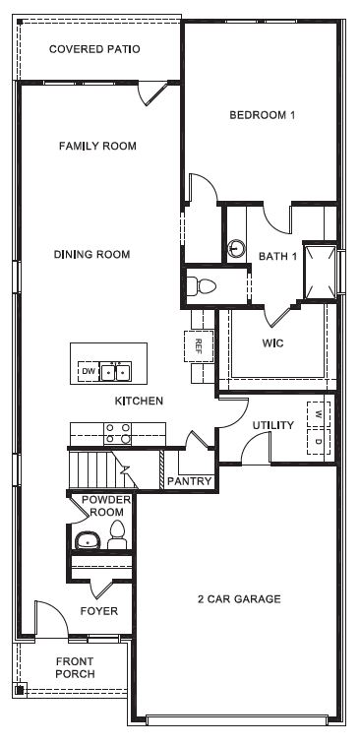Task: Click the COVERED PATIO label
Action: (x=94, y=48)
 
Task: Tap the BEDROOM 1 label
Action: (x=263, y=115)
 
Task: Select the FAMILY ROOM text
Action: (x=97, y=146)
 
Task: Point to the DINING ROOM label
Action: (x=91, y=254)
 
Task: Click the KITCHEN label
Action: (x=139, y=401)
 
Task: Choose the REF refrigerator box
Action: (x=198, y=346)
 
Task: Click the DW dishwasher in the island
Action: (x=89, y=371)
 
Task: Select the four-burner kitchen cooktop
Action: (x=118, y=434)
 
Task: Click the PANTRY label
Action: (x=189, y=481)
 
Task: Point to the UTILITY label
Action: (x=272, y=425)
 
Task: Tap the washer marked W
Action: (x=319, y=413)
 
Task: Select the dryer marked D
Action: (x=319, y=441)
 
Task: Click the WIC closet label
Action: (x=272, y=343)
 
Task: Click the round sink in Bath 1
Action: (x=236, y=248)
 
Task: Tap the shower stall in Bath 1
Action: (x=320, y=270)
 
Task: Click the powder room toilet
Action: (x=117, y=535)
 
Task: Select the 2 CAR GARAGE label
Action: (x=239, y=598)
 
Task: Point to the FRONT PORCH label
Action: (x=76, y=667)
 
